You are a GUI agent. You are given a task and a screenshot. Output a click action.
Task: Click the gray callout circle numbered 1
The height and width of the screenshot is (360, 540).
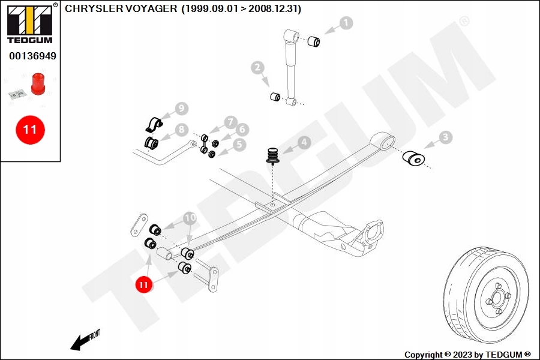[x=346, y=23]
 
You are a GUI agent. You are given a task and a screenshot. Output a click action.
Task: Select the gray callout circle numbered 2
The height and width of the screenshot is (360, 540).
[x=257, y=68]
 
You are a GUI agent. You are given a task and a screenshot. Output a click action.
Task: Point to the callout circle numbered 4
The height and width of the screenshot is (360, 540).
[x=304, y=142]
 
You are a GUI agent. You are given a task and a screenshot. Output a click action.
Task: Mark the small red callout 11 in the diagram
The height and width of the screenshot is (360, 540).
[x=143, y=285]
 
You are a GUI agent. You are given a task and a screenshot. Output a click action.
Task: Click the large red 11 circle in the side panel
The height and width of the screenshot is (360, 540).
[x=30, y=129]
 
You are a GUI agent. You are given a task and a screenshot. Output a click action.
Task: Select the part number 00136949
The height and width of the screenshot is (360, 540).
[x=32, y=56]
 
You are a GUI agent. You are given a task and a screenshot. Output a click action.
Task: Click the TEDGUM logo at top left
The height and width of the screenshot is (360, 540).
[x=29, y=24]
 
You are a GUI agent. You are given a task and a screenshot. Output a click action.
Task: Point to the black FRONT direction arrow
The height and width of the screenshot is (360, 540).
[x=80, y=342]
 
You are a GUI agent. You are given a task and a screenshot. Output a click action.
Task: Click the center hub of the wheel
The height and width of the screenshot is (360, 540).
[x=497, y=295]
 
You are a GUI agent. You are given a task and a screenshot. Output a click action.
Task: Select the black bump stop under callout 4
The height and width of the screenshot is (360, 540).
[x=274, y=157]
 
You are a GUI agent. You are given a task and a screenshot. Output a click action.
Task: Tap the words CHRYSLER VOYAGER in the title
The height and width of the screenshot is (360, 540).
[x=121, y=9]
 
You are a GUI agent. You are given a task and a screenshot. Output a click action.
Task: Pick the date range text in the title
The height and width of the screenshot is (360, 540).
[x=241, y=9]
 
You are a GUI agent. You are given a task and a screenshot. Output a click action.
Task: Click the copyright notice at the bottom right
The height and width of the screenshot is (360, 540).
[x=467, y=355]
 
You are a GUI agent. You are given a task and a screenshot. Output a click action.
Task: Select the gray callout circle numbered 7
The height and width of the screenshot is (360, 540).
[x=231, y=122]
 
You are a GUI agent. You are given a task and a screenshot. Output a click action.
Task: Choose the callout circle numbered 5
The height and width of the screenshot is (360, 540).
[x=239, y=144]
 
